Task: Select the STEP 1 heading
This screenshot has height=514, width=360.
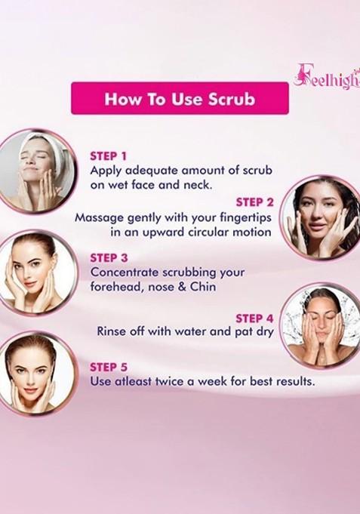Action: [108, 155]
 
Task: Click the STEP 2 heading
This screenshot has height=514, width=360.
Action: [254, 202]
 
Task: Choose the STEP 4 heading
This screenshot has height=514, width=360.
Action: [254, 318]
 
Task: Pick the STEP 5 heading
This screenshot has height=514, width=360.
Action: [108, 367]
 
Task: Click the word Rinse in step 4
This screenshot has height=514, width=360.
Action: [112, 331]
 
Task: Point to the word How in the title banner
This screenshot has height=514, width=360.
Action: [120, 98]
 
